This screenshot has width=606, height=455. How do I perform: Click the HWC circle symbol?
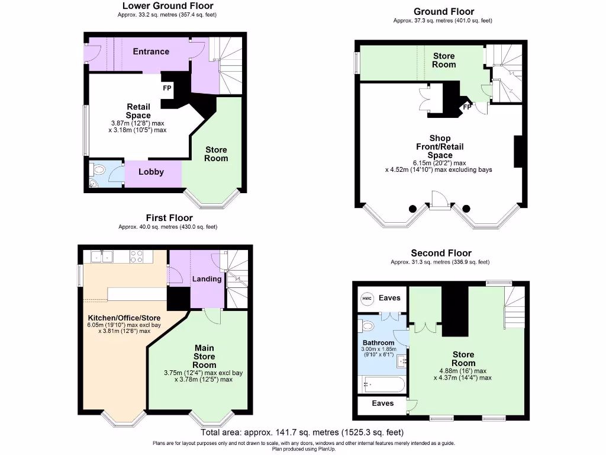click(x=367, y=298)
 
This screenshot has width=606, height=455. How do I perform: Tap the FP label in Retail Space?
click(x=167, y=88)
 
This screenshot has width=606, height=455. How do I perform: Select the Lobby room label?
click(x=151, y=172)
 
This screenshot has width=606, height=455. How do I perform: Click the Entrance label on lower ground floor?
click(x=151, y=52)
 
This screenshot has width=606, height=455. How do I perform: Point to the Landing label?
click(x=207, y=278)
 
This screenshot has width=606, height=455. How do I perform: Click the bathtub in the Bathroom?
click(x=383, y=384)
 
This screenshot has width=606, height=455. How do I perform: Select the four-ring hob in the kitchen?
click(x=136, y=257)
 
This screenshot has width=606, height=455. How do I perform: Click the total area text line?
click(x=302, y=432)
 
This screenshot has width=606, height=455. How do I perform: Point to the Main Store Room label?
click(x=204, y=356)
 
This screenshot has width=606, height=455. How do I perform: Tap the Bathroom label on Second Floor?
click(x=378, y=343)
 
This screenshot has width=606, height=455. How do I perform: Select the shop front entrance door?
click(x=439, y=201)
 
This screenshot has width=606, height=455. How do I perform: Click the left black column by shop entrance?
click(x=412, y=209)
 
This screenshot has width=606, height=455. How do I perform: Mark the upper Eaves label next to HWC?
click(x=389, y=298)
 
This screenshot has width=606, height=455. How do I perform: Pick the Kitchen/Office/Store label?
click(x=124, y=318)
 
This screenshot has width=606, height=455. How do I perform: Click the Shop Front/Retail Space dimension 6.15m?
click(x=439, y=163)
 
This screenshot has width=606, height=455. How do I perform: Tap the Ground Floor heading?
click(x=443, y=11)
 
